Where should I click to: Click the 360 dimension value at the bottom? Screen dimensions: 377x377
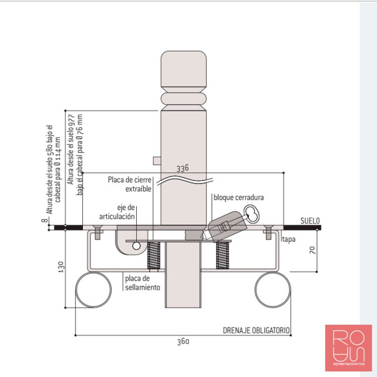183,342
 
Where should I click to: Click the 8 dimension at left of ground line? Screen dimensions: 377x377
45,220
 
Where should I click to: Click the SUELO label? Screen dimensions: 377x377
310,221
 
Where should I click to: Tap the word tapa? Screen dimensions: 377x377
289,239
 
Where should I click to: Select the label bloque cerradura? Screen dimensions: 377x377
238,197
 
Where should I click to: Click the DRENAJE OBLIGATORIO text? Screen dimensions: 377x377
256,330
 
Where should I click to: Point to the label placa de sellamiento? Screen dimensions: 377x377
143,283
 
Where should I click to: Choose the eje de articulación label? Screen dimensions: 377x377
117,212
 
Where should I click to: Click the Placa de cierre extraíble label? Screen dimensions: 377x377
130,184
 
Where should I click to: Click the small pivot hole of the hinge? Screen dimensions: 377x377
136,246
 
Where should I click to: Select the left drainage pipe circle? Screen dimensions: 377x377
94,290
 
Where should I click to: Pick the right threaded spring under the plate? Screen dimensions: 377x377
222,256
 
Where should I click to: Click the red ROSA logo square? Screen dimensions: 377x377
348,348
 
